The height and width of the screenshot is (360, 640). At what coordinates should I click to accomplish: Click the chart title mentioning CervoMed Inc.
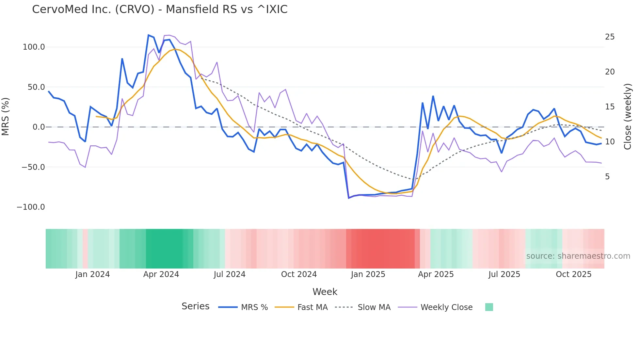point(160,9)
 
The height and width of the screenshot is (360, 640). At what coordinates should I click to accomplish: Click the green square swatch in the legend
point(489,307)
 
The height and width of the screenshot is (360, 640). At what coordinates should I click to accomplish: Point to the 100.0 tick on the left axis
point(34,47)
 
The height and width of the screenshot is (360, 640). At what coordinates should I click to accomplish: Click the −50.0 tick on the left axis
point(33,167)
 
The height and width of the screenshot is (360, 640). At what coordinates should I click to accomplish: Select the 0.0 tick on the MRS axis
point(39,127)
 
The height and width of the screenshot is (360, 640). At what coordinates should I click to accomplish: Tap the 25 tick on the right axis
point(610,37)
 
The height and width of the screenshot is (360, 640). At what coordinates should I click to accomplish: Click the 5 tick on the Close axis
point(607,177)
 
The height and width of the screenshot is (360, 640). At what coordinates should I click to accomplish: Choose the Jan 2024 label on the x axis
point(92,274)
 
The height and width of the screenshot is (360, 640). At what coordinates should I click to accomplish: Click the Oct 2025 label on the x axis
point(573,274)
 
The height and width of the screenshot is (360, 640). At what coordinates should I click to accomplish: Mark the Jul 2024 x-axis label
point(230,274)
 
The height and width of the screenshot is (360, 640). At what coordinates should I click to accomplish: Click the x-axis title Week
point(325,292)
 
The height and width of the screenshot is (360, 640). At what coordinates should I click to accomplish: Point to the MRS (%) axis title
point(6,117)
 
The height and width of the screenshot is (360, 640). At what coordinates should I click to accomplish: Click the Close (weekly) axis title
point(627,117)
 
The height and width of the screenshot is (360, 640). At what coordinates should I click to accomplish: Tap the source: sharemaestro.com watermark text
point(578,256)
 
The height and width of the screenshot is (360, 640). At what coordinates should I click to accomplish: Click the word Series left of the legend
point(195,306)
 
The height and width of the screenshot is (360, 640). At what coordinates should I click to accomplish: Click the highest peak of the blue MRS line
point(149,35)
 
